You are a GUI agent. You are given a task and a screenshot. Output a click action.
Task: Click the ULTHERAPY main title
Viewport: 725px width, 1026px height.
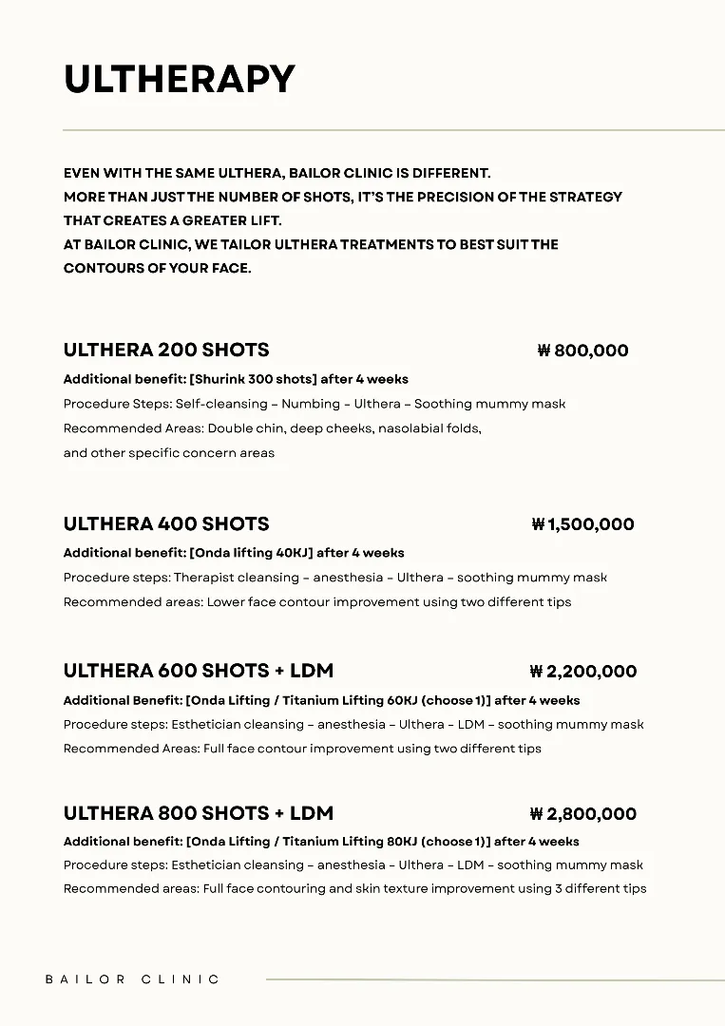coord(180,80)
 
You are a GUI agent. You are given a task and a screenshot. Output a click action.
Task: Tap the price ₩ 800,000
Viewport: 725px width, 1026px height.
coord(582,351)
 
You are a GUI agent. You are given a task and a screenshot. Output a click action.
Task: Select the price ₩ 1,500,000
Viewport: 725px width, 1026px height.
coord(582,524)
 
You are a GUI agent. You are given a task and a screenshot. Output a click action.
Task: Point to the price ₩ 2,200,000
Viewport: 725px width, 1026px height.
coord(582,672)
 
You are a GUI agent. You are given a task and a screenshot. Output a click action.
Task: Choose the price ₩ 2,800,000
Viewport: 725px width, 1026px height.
coord(582,814)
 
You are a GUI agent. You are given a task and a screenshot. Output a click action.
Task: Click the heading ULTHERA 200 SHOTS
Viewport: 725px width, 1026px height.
coord(166,351)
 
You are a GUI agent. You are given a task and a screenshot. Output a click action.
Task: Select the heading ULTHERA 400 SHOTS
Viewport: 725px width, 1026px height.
coord(166,524)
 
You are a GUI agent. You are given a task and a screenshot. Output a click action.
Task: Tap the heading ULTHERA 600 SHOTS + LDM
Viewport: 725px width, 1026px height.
coord(199,672)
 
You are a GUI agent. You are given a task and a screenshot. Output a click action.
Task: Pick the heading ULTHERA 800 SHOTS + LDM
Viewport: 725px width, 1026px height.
coord(199,814)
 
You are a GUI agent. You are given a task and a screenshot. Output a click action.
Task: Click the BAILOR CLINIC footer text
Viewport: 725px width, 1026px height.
coord(132,979)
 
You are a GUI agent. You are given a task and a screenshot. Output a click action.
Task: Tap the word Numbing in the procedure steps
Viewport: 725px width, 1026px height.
coord(310,404)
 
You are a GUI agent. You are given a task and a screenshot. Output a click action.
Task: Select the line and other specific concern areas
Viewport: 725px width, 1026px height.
coord(169,453)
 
